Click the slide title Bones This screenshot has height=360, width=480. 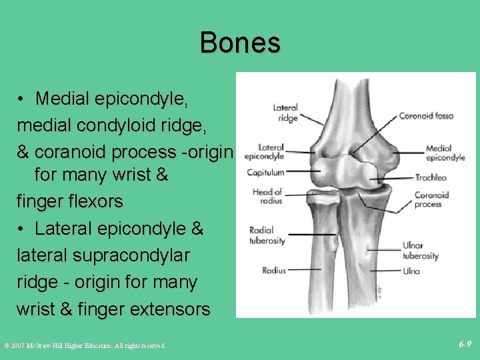click(240, 43)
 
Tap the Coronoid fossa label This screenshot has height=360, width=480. click(425, 116)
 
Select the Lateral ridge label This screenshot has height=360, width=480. click(285, 113)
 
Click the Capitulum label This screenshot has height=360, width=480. click(265, 173)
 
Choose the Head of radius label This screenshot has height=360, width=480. click(267, 197)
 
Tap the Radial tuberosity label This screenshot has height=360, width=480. click(267, 235)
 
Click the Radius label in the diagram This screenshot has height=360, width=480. click(273, 271)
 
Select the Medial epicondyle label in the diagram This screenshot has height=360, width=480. click(445, 153)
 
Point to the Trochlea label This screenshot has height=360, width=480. click(431, 178)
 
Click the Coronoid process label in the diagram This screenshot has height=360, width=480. click(431, 200)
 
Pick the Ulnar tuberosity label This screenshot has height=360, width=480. click(420, 251)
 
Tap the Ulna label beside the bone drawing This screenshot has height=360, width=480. click(411, 271)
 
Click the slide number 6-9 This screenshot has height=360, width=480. click(465, 344)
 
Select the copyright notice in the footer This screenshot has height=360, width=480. click(85, 345)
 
